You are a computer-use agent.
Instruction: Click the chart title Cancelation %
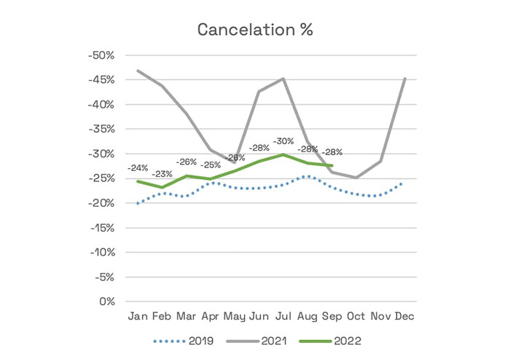255,31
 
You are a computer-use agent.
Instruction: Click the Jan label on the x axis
138,317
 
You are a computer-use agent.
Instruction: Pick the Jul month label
283,317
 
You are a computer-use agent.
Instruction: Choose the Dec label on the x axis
404,317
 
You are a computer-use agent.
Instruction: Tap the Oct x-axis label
355,317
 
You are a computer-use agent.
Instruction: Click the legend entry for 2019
186,340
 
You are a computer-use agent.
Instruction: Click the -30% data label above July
283,141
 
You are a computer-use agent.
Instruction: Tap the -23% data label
162,174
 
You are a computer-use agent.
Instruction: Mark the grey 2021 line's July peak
283,79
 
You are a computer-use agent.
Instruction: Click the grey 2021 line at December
404,79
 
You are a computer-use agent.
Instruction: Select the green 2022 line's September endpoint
332,165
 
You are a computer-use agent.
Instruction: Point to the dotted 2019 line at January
138,203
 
